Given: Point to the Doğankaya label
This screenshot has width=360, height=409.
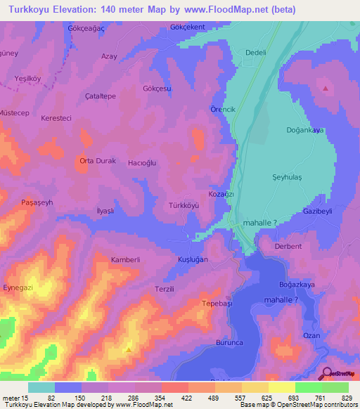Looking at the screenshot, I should tap(304, 130).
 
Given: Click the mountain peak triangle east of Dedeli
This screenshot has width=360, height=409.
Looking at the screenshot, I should tap(326, 89).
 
